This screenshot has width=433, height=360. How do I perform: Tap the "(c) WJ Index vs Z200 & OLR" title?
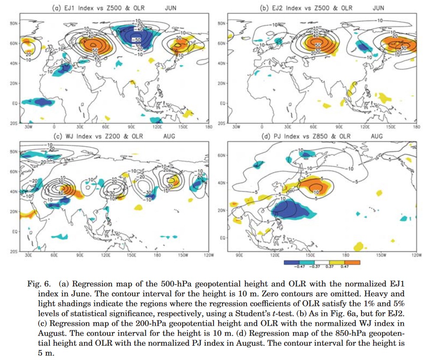98,137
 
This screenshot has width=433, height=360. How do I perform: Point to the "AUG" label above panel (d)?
377,137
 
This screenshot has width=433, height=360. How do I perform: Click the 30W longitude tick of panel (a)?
29,127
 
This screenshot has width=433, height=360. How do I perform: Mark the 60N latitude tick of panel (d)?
222,155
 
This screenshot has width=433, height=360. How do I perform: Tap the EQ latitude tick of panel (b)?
222,103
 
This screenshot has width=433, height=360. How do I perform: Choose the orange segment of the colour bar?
352,262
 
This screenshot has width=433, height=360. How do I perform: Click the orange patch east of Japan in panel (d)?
314,186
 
